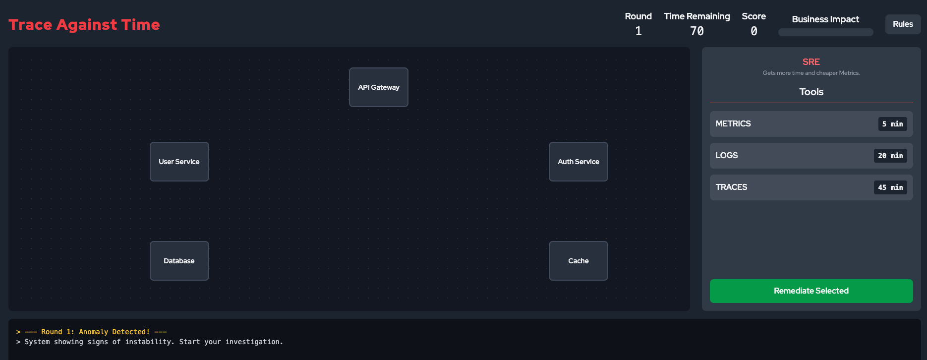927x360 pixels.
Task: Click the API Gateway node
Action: click(x=379, y=87)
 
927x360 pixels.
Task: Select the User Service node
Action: click(x=179, y=162)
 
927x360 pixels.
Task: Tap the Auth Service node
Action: click(x=579, y=162)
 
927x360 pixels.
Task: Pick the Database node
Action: click(x=179, y=261)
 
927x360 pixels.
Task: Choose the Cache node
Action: click(x=579, y=261)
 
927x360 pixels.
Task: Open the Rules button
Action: click(x=903, y=24)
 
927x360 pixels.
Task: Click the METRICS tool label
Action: click(x=733, y=124)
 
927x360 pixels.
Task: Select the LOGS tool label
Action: click(x=727, y=156)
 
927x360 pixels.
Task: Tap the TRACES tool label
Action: click(x=731, y=187)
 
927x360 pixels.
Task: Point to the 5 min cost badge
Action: click(x=892, y=124)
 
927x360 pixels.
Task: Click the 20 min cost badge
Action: click(x=890, y=156)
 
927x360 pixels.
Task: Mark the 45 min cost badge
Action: click(x=890, y=187)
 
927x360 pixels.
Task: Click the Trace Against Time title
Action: click(x=84, y=25)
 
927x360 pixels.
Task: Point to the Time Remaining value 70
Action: click(x=697, y=31)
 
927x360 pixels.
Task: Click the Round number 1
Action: click(x=638, y=31)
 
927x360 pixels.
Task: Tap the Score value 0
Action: click(x=754, y=31)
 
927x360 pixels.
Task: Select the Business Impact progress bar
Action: click(x=826, y=32)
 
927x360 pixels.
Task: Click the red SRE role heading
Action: click(x=811, y=62)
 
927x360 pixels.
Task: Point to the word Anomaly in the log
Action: click(x=94, y=332)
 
